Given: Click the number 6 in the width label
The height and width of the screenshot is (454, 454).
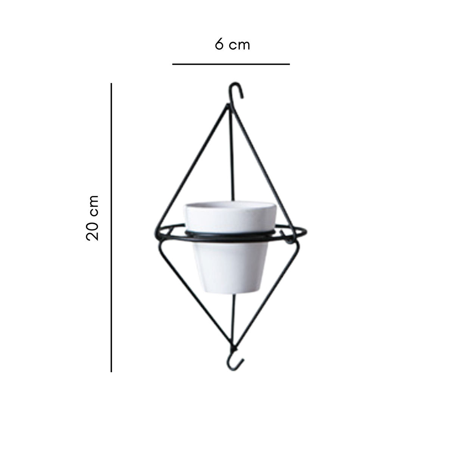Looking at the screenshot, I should pyautogui.click(x=219, y=45).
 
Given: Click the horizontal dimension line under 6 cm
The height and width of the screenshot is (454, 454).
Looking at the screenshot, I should pyautogui.click(x=231, y=64).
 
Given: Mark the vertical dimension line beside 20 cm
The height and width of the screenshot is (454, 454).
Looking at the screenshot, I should pyautogui.click(x=111, y=227).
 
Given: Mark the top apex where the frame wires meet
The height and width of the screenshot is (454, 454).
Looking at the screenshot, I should pyautogui.click(x=228, y=108).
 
